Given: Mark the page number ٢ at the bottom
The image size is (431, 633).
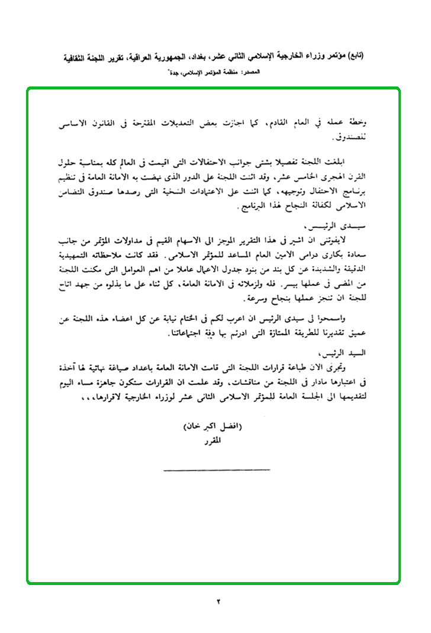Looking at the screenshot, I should [217, 602].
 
